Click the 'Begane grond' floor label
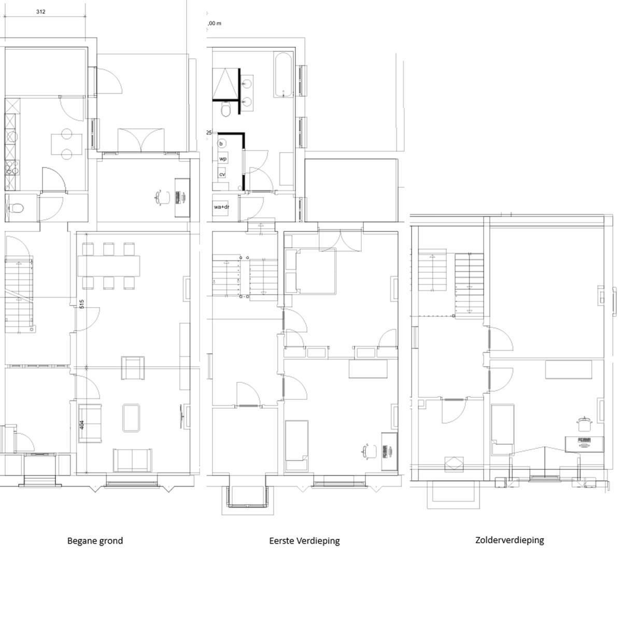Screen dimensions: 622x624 (x=95, y=540)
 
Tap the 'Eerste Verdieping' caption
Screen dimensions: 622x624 (x=304, y=540)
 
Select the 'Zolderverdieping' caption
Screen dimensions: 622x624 (x=510, y=540)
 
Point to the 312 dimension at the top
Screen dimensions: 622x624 (x=41, y=11)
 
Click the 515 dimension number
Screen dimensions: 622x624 (x=81, y=304)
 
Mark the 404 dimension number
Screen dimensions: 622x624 (x=81, y=425)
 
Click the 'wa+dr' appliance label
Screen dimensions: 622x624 (x=221, y=206)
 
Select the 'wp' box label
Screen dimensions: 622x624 (x=223, y=159)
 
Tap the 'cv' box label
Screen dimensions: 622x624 (x=222, y=174)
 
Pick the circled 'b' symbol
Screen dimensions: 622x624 (x=221, y=144)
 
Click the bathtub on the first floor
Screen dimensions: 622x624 (x=283, y=75)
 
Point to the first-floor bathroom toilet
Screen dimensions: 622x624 (x=226, y=109)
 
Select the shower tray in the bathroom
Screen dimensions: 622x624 (x=225, y=84)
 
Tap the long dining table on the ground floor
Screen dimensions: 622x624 (x=109, y=266)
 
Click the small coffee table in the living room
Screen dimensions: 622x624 (x=131, y=418)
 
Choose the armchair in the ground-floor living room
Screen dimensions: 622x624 (x=133, y=368)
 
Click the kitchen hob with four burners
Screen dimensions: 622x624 (x=12, y=168)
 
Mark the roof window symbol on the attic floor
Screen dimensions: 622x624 (x=454, y=464)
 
